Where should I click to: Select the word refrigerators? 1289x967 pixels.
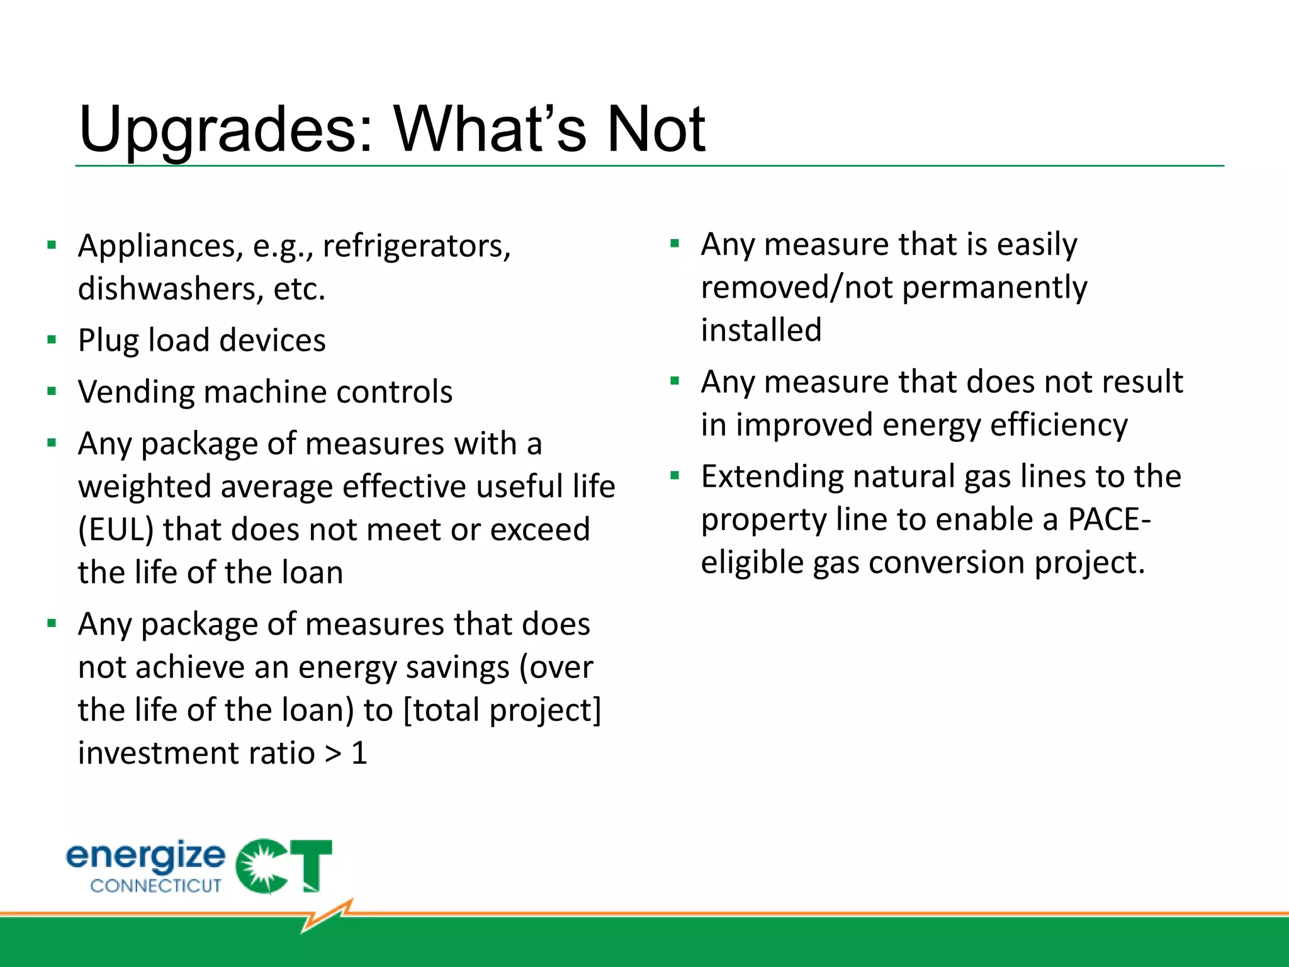[x=416, y=246]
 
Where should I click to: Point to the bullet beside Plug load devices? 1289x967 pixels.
[x=52, y=341]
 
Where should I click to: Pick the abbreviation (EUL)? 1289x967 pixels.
[x=116, y=529]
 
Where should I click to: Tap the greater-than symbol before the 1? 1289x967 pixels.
[x=333, y=754]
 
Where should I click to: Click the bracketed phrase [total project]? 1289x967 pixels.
[x=502, y=710]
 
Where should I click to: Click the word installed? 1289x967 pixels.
[x=761, y=331]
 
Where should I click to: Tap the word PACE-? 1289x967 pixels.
[x=1109, y=520]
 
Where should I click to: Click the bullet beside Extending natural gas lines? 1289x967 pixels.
[x=675, y=476]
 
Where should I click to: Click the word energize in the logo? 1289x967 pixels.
[x=145, y=856]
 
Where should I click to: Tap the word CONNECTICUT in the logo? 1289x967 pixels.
[x=155, y=886]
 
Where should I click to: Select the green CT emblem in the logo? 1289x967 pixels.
[x=283, y=866]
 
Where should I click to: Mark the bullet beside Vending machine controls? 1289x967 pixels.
[x=52, y=392]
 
